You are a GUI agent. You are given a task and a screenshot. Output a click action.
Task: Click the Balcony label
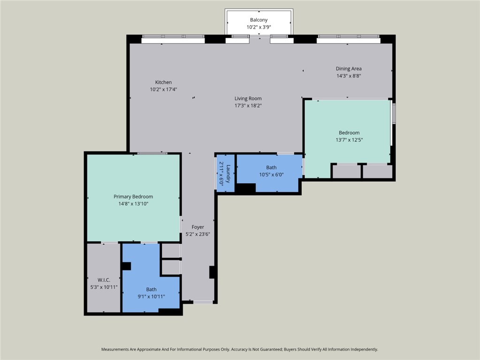[259, 20]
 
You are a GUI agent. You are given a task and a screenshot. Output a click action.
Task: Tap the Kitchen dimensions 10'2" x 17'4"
[163, 89]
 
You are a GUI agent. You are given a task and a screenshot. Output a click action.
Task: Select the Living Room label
[248, 98]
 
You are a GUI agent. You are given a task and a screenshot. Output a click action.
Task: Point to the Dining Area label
[349, 68]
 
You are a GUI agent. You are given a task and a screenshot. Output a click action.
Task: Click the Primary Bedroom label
[133, 196]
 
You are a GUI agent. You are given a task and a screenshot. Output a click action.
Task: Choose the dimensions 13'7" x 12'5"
[349, 140]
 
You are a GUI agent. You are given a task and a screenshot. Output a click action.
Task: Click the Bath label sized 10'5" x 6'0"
[271, 167]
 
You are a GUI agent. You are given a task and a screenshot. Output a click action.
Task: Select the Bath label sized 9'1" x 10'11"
[151, 289]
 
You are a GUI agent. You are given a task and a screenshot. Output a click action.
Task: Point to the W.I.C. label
[104, 280]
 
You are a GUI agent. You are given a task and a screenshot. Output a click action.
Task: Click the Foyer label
[198, 227]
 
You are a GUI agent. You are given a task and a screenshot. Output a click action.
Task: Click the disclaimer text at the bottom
[240, 349]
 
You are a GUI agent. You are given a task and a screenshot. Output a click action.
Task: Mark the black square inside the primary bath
[126, 266]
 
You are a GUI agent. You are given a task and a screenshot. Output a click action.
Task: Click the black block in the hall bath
[245, 188]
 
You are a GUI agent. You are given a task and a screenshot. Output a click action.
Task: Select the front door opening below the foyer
[203, 302]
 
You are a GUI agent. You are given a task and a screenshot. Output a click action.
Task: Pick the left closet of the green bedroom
[346, 171]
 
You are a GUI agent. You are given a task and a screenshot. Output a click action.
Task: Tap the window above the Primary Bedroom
[152, 153]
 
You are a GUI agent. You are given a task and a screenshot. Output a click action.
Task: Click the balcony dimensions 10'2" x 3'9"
[259, 27]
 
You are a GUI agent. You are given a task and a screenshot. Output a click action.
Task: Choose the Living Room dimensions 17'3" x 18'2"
[248, 105]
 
